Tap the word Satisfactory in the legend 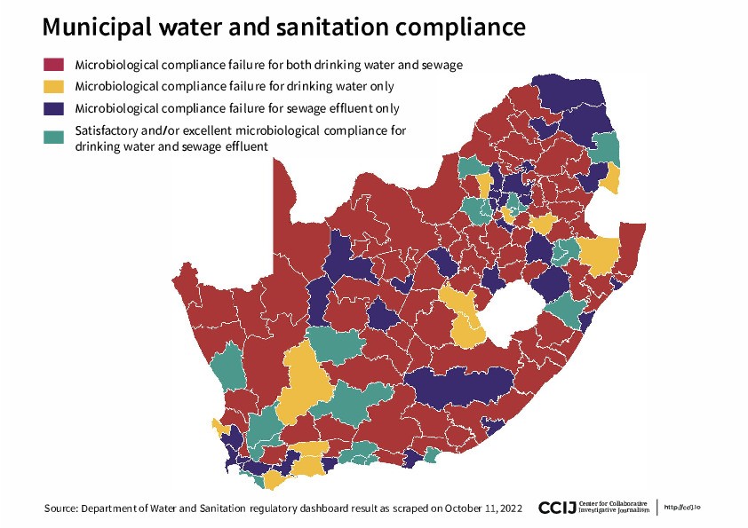coord(108,131)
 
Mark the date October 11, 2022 coord(489,508)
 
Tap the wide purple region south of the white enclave coord(458,387)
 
